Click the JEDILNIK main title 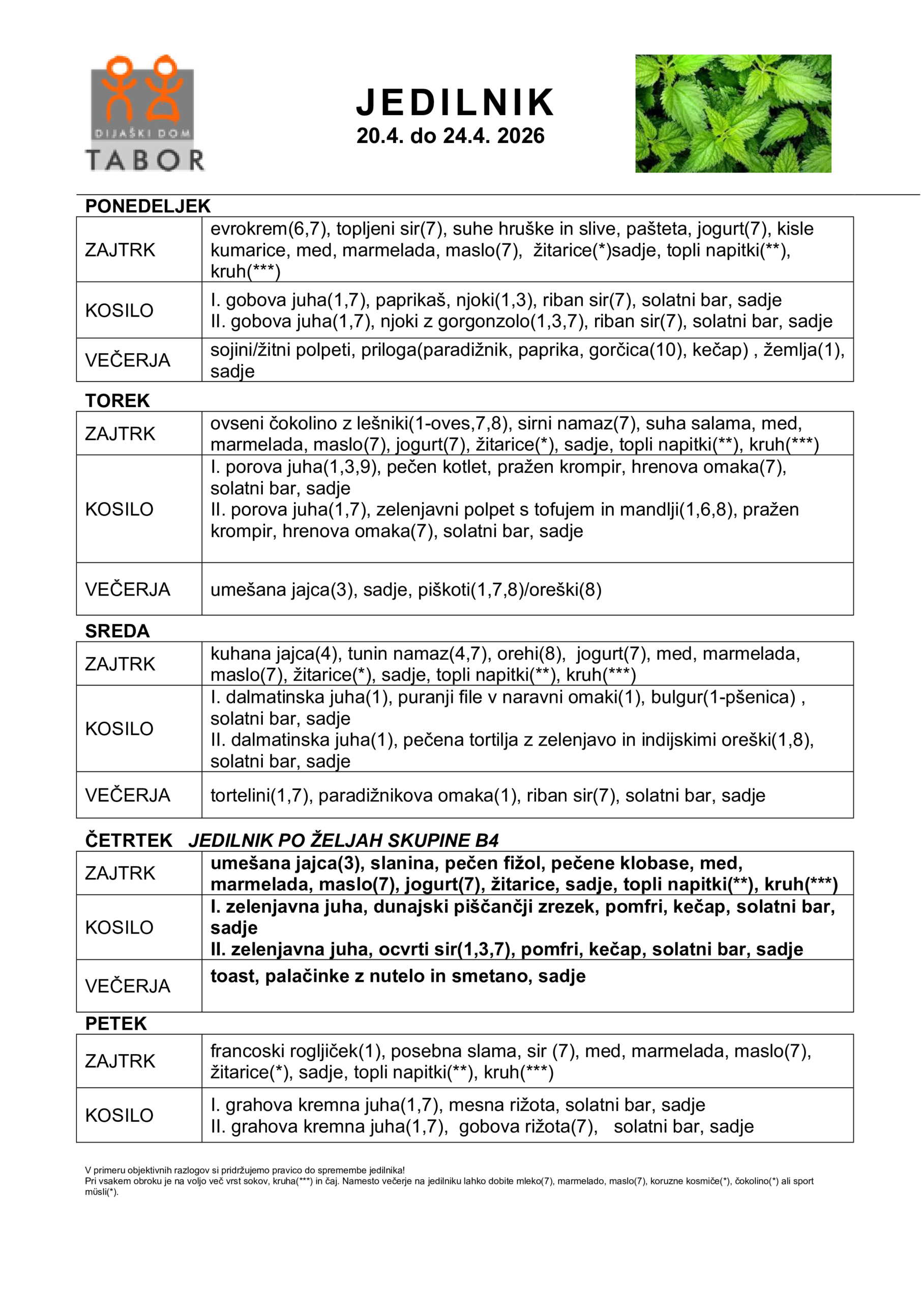point(455,103)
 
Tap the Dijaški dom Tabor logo point(144,114)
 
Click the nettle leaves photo point(733,114)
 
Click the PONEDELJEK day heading point(147,206)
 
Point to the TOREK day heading point(117,401)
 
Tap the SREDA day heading point(117,631)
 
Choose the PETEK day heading point(115,1023)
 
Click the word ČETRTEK point(129,840)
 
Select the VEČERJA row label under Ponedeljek point(128,360)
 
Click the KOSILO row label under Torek point(119,509)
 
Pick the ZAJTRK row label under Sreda point(120,664)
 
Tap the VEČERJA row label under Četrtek point(128,986)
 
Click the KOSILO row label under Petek point(119,1115)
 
